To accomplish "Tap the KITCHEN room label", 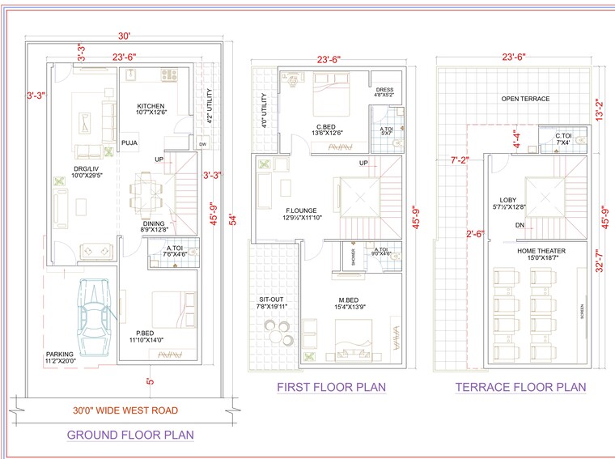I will [x=151, y=107].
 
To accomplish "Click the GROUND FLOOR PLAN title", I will [x=129, y=435].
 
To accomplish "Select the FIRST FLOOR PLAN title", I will [x=331, y=387].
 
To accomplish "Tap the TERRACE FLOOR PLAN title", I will [x=520, y=387].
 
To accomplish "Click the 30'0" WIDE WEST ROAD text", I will [x=125, y=410].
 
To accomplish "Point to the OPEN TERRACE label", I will [x=524, y=99].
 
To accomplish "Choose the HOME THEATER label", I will [x=541, y=251].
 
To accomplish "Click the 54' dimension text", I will [x=233, y=219].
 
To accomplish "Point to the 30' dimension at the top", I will [x=124, y=36].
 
